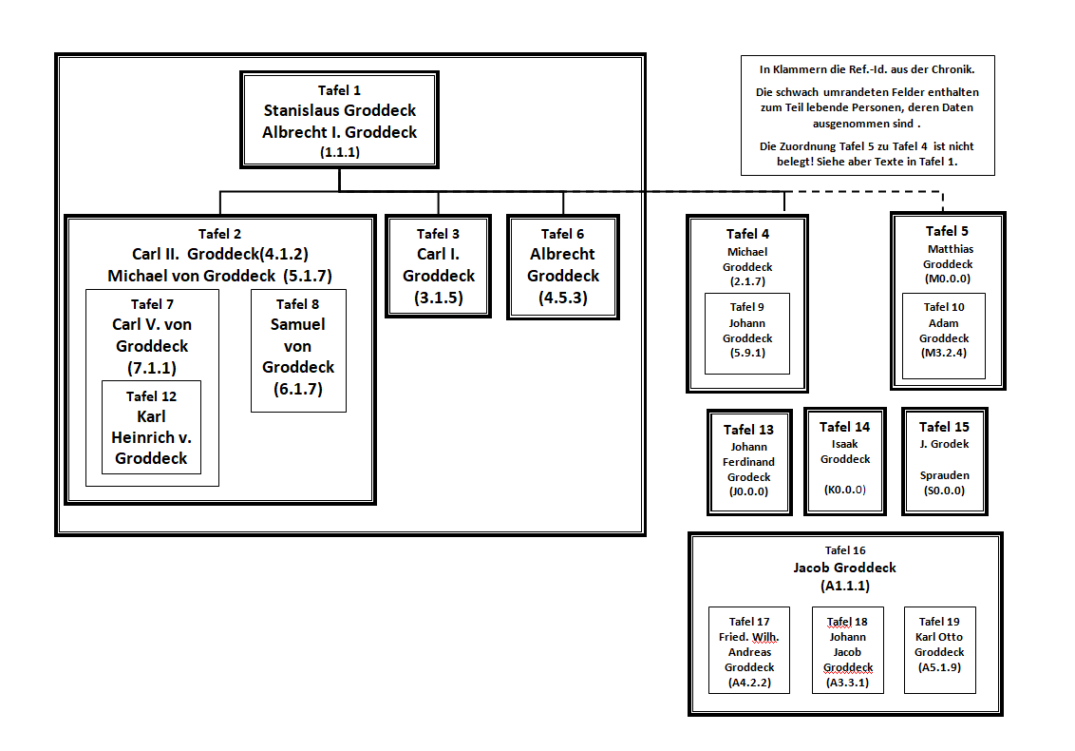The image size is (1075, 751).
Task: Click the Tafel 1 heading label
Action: tap(339, 90)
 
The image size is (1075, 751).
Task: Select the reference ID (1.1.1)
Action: tap(339, 151)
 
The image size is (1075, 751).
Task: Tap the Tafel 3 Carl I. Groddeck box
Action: tap(438, 266)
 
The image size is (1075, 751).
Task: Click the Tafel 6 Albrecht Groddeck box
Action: tap(563, 266)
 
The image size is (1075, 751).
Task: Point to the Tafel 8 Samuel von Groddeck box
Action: tap(298, 350)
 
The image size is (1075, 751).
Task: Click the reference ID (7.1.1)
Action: tap(152, 367)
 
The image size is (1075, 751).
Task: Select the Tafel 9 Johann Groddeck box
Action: tap(746, 333)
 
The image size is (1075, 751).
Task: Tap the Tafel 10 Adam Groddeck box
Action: tap(943, 336)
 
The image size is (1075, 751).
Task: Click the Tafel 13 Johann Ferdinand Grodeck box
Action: tap(748, 462)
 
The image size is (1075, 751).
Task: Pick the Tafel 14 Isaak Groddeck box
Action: tap(844, 461)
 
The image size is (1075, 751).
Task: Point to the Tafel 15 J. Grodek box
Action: tap(944, 461)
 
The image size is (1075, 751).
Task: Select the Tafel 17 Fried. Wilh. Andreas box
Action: tap(748, 650)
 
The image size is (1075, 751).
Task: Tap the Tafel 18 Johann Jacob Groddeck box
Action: tap(847, 650)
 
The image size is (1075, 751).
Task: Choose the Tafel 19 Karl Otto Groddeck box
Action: tap(939, 650)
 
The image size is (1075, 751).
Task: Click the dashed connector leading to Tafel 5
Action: tap(855, 191)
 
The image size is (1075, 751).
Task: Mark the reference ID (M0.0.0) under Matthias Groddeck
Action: tap(948, 279)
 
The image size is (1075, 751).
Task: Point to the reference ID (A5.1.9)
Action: tap(939, 667)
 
